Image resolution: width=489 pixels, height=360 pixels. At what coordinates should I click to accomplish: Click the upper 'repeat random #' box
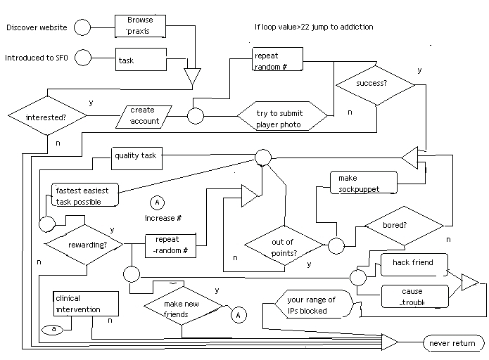(x=279, y=60)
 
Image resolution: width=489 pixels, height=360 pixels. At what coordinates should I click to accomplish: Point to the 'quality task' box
(x=136, y=157)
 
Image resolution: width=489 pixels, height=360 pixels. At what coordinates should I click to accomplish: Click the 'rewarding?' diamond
(x=84, y=245)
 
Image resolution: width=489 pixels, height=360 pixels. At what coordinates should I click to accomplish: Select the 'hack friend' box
(x=414, y=264)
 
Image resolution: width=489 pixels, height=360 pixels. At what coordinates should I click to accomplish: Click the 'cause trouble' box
(x=414, y=295)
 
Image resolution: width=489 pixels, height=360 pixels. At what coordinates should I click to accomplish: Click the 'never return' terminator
(x=453, y=344)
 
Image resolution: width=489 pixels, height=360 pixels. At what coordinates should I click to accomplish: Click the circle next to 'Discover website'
(x=83, y=28)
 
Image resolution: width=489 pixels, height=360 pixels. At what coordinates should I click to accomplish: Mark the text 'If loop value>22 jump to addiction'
(x=314, y=27)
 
